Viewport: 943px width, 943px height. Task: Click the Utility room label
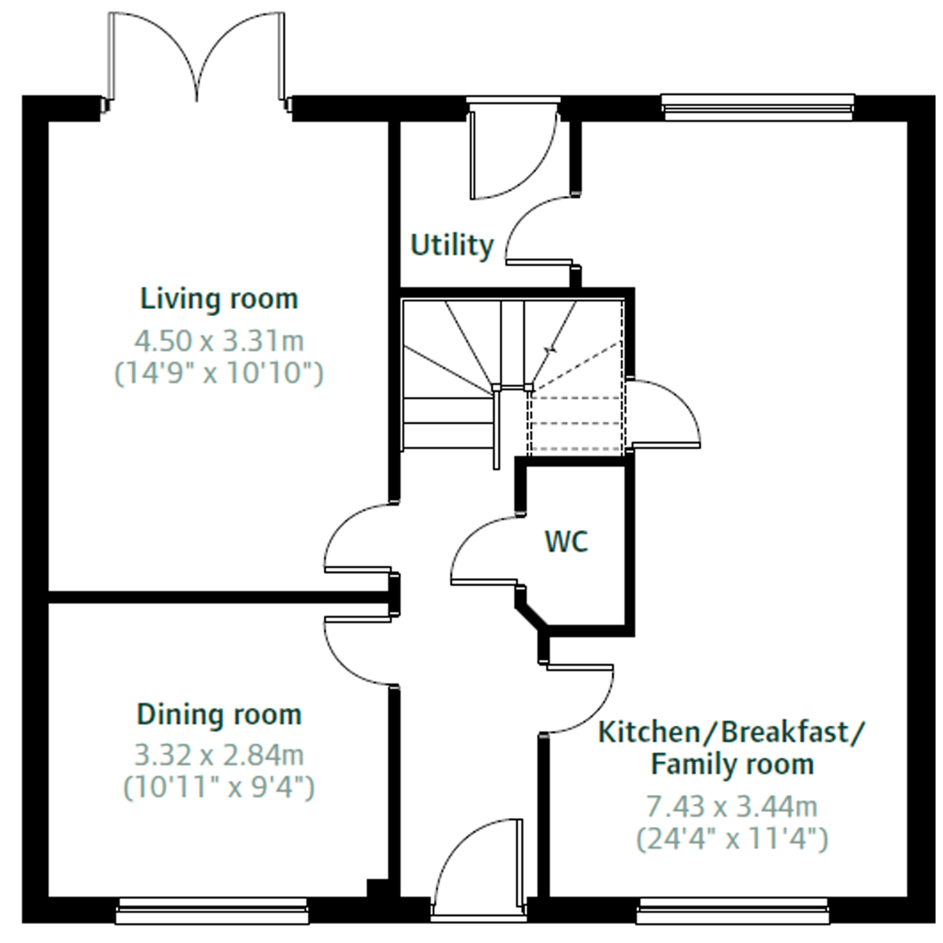click(452, 245)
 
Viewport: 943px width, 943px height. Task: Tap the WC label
click(566, 541)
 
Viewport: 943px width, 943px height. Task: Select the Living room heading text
click(219, 298)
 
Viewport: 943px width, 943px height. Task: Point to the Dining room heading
click(219, 715)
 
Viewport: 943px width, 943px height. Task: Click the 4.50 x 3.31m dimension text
click(219, 341)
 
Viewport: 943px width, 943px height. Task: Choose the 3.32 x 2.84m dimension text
click(219, 756)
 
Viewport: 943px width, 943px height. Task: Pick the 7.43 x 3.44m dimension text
click(732, 807)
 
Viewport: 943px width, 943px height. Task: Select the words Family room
click(732, 764)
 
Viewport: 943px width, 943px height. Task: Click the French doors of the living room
click(197, 59)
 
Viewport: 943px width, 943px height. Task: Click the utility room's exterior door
click(513, 151)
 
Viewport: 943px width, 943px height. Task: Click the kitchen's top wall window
click(758, 107)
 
